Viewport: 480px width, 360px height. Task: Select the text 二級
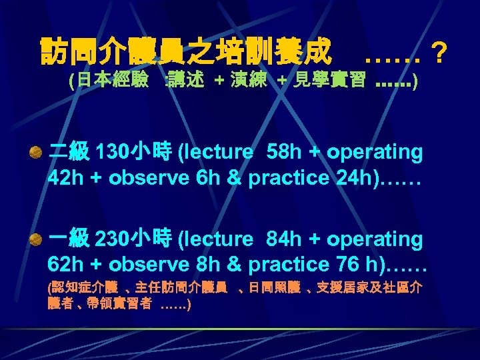(x=69, y=153)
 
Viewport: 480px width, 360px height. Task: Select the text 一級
(x=69, y=239)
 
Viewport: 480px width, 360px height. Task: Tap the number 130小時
(x=133, y=153)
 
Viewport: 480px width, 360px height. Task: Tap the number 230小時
(x=133, y=239)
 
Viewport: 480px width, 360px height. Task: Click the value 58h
(x=284, y=153)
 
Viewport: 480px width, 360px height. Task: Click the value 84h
(x=284, y=239)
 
